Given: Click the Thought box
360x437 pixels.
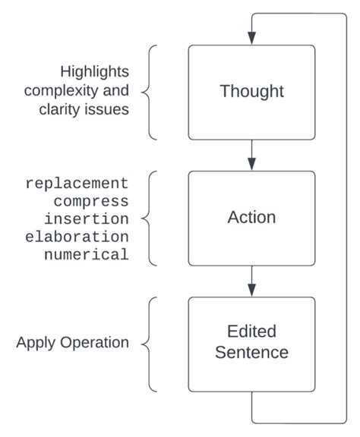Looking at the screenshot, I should [x=251, y=92].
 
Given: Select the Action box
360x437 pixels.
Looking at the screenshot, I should [x=251, y=218].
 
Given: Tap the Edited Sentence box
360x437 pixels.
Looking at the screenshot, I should [x=251, y=343].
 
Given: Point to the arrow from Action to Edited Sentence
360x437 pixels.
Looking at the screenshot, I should [x=251, y=281].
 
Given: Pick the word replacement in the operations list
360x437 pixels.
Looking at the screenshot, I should [x=77, y=183].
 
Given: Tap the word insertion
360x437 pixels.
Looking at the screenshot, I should [x=90, y=218].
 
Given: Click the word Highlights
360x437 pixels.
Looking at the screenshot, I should [x=95, y=72].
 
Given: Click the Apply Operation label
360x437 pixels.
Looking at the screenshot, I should [x=73, y=343].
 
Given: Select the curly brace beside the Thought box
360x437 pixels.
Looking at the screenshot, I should [x=150, y=92].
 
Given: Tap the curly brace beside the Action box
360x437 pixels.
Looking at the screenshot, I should [x=150, y=218].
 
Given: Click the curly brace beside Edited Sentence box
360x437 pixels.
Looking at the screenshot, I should [x=150, y=343].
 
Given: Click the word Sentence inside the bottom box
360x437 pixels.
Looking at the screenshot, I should [x=251, y=353].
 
